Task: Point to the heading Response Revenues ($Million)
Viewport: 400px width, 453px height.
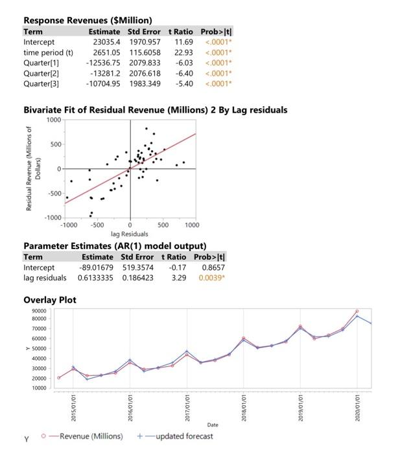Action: point(88,21)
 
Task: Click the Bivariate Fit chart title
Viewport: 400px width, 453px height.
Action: point(155,110)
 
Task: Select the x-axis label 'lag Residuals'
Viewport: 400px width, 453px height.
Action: point(130,233)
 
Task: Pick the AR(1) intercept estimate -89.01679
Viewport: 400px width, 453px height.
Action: point(95,267)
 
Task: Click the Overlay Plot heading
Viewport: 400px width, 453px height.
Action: point(50,300)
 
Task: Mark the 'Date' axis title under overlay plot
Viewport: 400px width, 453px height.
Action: point(213,425)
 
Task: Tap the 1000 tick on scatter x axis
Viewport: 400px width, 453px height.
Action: point(192,225)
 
